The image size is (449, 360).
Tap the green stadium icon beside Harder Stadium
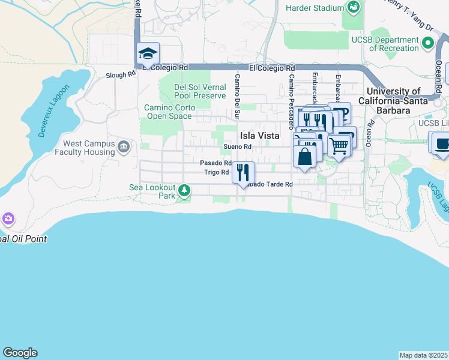(354, 8)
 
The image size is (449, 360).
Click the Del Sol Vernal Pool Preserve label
(200, 91)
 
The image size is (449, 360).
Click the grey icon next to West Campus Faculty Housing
(124, 147)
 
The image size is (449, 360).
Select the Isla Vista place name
(260, 136)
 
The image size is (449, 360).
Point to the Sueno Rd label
(237, 147)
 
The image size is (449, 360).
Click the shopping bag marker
(304, 157)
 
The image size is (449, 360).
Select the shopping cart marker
(339, 145)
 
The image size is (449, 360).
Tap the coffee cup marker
(442, 145)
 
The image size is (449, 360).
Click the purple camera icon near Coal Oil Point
(8, 218)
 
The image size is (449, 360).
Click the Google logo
(20, 353)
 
